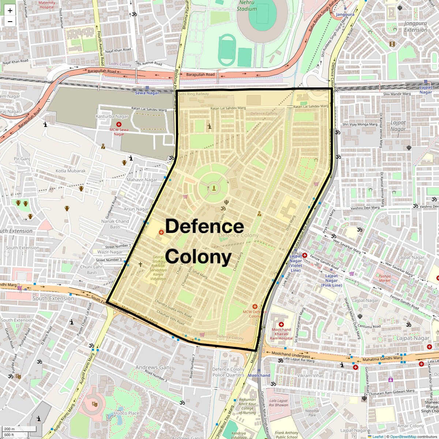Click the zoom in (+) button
(10, 11)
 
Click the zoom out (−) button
(10, 22)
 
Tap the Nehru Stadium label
(247, 5)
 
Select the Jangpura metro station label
(345, 14)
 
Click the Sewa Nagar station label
(147, 93)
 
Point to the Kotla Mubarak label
(71, 171)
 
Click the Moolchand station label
(259, 375)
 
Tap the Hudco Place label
(127, 413)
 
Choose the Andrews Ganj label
(153, 367)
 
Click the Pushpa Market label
(384, 278)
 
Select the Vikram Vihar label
(310, 375)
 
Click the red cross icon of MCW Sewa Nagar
(119, 124)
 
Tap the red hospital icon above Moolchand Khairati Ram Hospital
(281, 324)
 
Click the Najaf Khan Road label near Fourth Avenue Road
(117, 50)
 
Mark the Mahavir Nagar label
(142, 180)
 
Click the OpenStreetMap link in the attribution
(403, 436)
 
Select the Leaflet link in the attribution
(378, 436)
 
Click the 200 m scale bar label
(10, 429)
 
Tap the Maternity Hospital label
(47, 5)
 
